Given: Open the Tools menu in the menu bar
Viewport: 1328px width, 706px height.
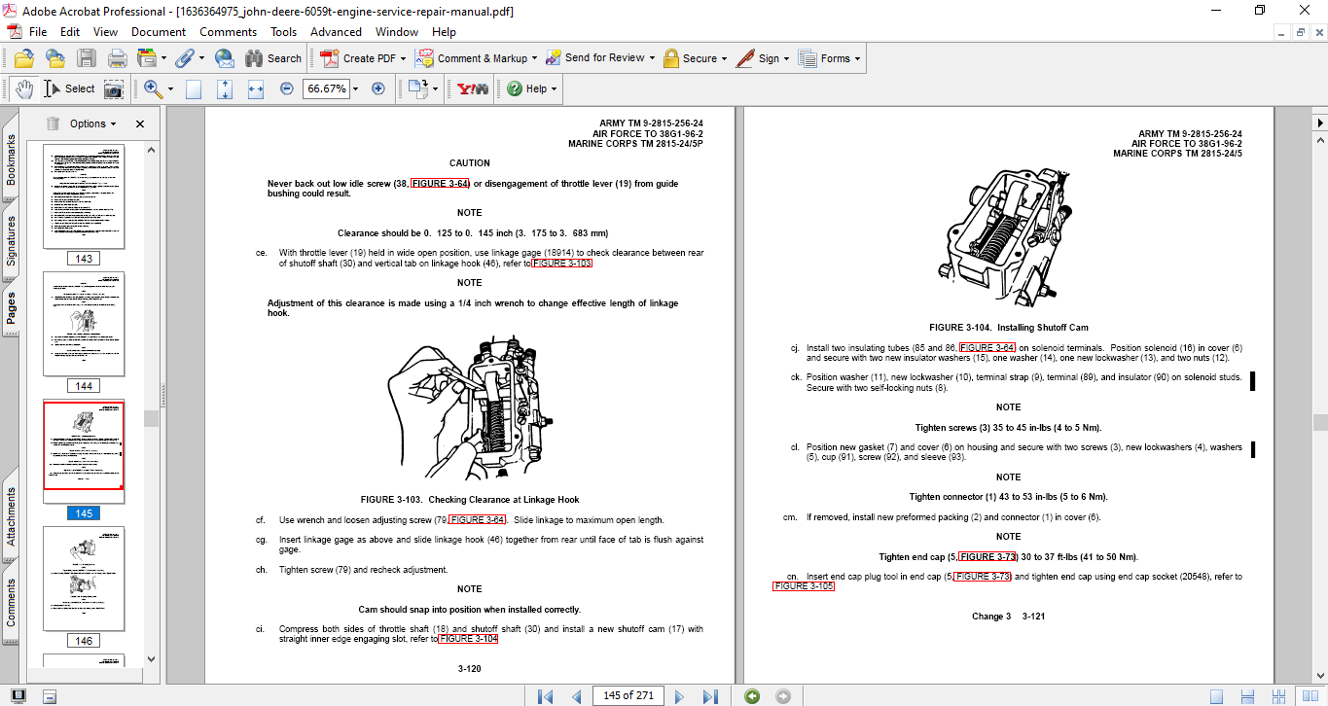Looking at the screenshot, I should [283, 32].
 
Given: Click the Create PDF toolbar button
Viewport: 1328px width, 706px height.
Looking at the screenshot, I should [358, 58].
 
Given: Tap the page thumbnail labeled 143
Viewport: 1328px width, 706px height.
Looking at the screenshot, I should [84, 197].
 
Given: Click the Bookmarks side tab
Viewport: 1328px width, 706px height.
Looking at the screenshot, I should [12, 159].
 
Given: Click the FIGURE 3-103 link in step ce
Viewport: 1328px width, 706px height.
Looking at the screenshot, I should [562, 264].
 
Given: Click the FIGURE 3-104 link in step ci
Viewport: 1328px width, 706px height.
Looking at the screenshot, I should [468, 639].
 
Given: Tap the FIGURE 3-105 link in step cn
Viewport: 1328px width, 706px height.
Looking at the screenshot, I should [804, 586].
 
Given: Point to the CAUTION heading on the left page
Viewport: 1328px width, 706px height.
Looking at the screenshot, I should [469, 163].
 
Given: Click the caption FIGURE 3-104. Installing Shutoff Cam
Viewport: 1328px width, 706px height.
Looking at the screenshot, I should [1008, 328].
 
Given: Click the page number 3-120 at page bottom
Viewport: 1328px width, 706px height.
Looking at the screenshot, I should [469, 669].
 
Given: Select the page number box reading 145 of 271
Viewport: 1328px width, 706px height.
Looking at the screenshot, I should [628, 695].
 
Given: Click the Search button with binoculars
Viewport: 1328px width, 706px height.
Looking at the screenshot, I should [273, 58].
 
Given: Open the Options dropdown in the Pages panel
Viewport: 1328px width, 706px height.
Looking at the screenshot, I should [92, 124].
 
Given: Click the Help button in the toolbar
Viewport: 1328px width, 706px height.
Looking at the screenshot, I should [531, 88].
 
